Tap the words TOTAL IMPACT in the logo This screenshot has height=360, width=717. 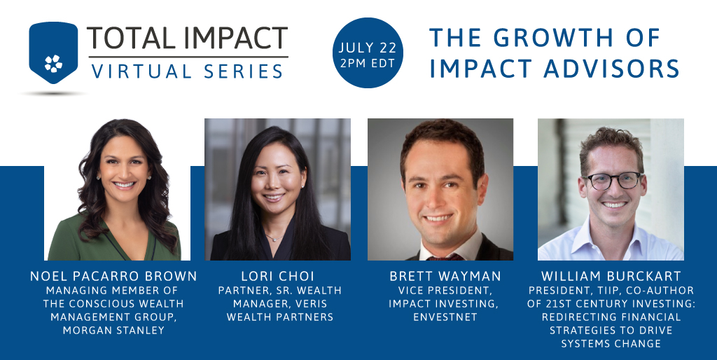tap(187, 38)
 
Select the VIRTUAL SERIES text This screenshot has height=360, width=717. tap(188, 70)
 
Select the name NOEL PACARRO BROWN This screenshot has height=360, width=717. tap(113, 276)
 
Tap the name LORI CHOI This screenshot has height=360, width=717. tap(279, 276)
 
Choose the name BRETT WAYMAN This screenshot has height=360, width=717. tap(440, 276)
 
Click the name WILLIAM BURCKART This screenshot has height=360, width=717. tap(611, 276)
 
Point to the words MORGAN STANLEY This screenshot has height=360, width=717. tap(113, 330)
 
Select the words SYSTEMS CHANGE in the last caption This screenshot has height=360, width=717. tap(611, 343)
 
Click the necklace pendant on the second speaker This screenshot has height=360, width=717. tap(271, 238)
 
